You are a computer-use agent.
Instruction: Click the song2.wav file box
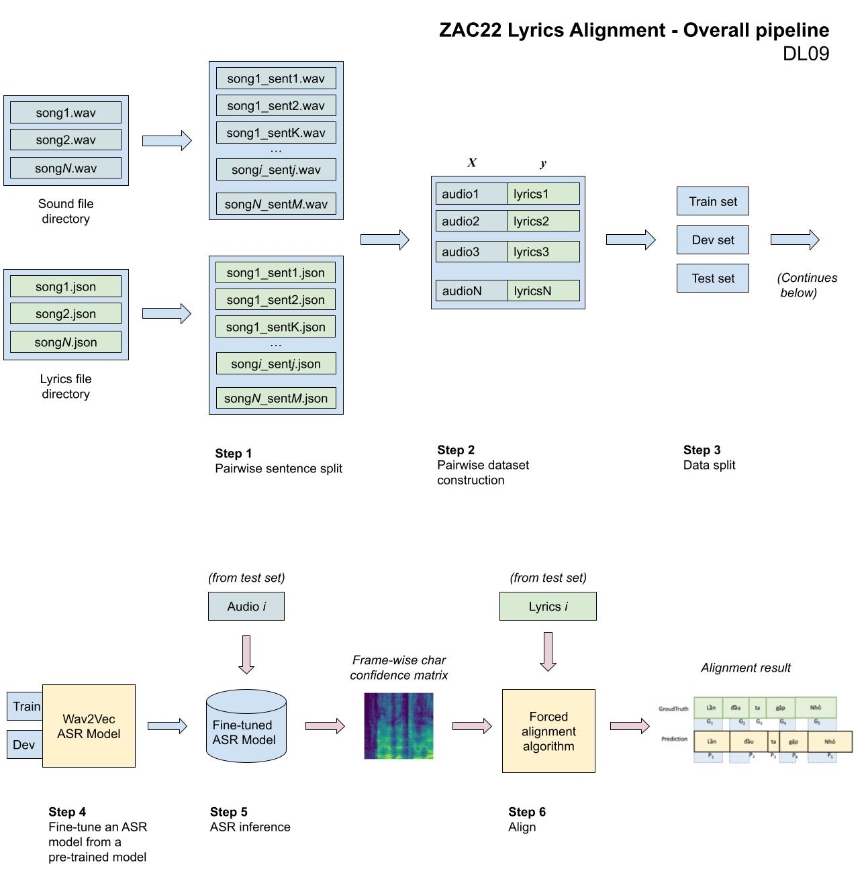[x=66, y=140]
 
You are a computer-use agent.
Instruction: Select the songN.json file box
[x=66, y=342]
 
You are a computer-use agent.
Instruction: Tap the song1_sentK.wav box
[x=276, y=133]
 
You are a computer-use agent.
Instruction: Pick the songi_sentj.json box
[x=276, y=364]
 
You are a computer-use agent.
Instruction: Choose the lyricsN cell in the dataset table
[x=543, y=291]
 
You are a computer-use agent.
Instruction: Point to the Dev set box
[x=712, y=240]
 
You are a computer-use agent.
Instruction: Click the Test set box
[x=712, y=278]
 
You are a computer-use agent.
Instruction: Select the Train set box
[x=712, y=201]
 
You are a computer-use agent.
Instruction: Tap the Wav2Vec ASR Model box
[x=89, y=726]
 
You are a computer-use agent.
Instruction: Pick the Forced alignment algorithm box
[x=548, y=731]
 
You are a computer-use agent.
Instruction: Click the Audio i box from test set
[x=246, y=607]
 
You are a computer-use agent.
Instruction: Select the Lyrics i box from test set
[x=548, y=607]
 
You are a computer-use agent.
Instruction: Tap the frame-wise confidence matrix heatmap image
[x=399, y=726]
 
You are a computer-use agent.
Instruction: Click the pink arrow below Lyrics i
[x=548, y=651]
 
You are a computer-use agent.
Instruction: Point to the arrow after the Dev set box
[x=795, y=240]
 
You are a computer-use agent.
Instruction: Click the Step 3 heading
[x=702, y=450]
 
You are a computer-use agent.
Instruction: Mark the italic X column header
[x=472, y=163]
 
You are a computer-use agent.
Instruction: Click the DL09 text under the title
[x=806, y=54]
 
